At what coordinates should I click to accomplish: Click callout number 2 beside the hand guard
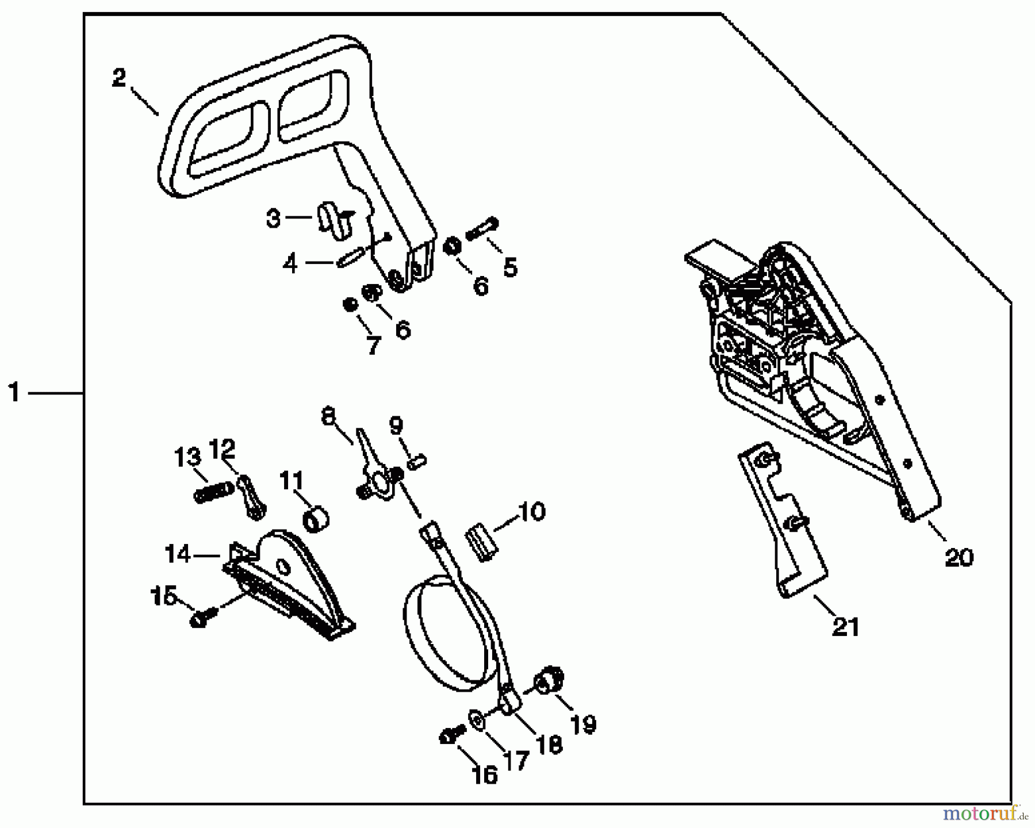point(118,79)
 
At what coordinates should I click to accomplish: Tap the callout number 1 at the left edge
point(14,393)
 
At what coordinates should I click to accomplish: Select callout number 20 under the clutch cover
point(959,557)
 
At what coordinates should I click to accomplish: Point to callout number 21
point(845,626)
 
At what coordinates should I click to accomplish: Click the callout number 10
point(531,511)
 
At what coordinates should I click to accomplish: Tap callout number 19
point(583,724)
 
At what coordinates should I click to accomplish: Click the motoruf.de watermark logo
point(986,814)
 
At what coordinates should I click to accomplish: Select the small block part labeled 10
point(482,542)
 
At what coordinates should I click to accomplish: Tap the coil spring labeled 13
point(214,493)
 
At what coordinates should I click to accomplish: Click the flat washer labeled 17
point(477,720)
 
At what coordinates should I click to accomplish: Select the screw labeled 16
point(447,737)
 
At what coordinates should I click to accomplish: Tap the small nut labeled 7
point(349,304)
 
